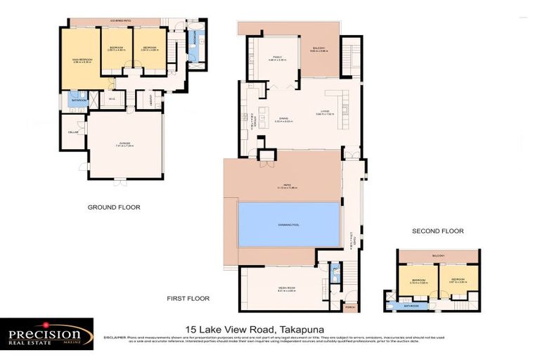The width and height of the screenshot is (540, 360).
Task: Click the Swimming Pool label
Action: pos(288,224)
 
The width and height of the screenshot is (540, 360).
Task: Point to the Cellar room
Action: pos(72,132)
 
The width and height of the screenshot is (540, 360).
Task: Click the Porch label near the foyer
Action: pos(349,307)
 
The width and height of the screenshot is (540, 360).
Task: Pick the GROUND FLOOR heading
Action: pos(114,207)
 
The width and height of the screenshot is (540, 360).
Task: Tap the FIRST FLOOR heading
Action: pos(188,299)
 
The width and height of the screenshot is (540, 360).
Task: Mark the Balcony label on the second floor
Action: pos(438,255)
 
